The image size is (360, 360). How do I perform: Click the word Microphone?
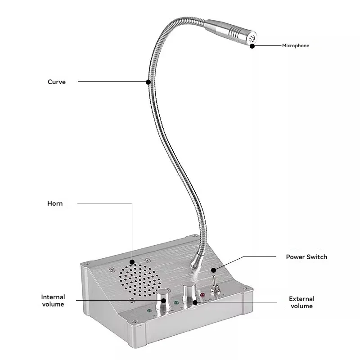pos(296,45)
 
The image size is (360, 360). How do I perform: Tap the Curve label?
pos(57,82)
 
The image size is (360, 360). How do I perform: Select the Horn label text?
pos(55,203)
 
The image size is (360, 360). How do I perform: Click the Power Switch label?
pos(306,257)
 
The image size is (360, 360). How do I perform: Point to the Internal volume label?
pos(53,301)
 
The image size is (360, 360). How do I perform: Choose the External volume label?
pos(301,302)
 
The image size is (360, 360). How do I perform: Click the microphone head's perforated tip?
pos(252,39)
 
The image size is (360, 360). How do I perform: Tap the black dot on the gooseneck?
pos(148,81)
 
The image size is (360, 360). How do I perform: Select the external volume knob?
pos(189,292)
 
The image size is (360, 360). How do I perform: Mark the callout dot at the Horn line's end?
pos(132,261)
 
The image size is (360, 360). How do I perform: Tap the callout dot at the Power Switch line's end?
pos(214,270)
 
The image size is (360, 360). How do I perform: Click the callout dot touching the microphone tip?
pos(252,45)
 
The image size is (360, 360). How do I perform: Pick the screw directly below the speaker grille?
pos(131,301)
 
